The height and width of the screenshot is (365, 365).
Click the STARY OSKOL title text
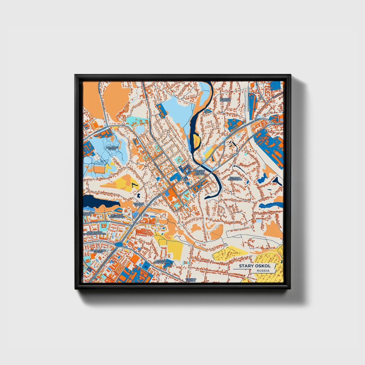[255, 266]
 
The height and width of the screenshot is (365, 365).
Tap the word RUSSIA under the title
[263, 271]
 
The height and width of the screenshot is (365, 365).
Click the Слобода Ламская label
[225, 100]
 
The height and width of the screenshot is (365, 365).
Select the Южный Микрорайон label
[162, 261]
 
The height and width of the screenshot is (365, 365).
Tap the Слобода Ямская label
[191, 280]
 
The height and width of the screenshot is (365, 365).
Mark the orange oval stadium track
[94, 124]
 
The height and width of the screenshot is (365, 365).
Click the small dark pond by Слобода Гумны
[139, 195]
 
